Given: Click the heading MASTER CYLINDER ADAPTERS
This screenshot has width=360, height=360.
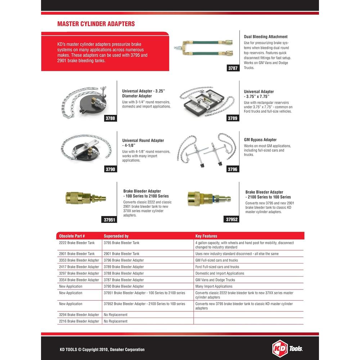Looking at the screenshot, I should pos(96,24).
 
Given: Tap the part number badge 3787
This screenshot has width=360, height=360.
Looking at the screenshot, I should pos(233,68).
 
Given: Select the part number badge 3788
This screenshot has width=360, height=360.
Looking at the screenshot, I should pos(111,118).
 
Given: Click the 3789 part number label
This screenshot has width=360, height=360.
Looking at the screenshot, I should pos(233,118).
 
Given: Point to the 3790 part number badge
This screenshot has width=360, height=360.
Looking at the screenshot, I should pos(111,169).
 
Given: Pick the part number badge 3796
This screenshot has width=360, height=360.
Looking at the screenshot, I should pos(233,169).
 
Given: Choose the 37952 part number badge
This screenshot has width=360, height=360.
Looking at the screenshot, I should pos(232,219).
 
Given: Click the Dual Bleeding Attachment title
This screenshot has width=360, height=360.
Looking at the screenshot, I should pos(266,37).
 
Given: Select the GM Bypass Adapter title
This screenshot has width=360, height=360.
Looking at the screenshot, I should pos(260,140).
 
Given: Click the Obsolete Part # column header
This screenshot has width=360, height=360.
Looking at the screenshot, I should pos(72,236).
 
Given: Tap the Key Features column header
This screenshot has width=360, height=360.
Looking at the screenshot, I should pos(206,236).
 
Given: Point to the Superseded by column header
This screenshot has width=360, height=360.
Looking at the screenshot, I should pos(116,236).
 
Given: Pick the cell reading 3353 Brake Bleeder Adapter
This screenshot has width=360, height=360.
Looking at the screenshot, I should pos(79,260).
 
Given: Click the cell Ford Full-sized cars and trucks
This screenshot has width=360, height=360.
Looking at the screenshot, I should pos(217,267).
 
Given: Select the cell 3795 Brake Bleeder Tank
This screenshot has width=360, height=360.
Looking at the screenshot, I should pos(121,243).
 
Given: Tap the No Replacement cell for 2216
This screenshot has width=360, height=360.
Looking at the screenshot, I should pos(116,321).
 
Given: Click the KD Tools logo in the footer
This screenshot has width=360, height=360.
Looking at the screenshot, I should pos(287,348).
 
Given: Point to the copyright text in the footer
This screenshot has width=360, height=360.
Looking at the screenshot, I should pos(102,350).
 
